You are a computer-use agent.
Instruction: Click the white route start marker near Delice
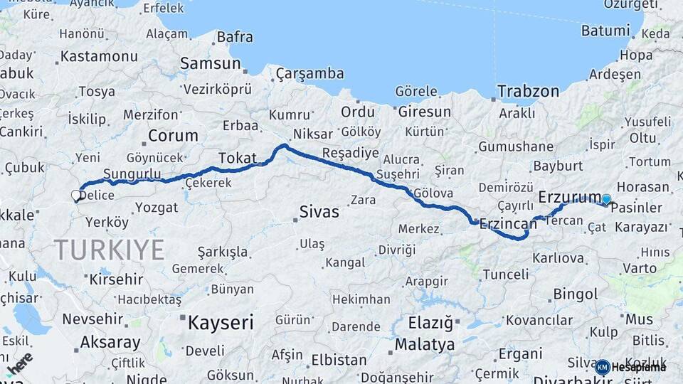click(76, 195)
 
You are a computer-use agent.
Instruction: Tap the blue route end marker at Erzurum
click(606, 200)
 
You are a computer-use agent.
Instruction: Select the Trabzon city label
click(528, 91)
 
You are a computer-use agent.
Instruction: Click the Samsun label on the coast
click(210, 63)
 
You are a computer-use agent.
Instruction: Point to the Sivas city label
click(319, 212)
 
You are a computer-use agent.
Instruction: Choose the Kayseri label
click(221, 323)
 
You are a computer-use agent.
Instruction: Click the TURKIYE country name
click(110, 250)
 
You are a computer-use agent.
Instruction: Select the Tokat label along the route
click(237, 158)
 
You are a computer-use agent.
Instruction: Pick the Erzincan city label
click(508, 224)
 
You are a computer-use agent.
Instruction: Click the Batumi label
click(605, 31)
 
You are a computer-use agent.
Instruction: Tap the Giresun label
click(425, 112)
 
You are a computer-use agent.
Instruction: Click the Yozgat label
click(156, 208)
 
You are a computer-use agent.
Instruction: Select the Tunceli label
click(505, 274)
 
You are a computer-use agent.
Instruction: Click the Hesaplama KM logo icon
click(603, 367)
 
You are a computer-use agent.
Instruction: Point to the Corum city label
click(173, 135)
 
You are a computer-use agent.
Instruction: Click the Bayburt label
click(558, 166)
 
